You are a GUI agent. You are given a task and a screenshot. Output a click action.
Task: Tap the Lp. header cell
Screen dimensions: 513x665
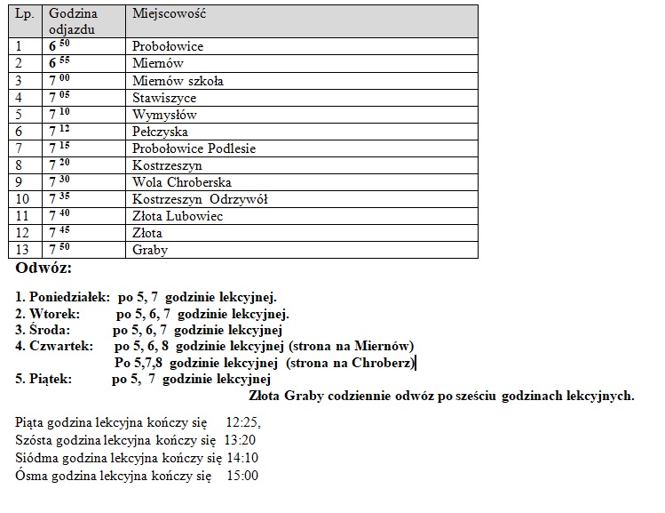[x=25, y=14]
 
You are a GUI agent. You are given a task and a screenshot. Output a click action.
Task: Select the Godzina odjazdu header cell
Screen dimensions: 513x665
[x=74, y=21]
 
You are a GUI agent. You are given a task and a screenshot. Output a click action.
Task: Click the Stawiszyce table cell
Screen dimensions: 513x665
[x=164, y=98]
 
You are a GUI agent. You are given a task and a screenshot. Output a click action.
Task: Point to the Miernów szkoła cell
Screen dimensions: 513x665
[x=178, y=81]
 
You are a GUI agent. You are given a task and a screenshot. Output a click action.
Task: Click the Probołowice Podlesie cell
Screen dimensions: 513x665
[x=194, y=148]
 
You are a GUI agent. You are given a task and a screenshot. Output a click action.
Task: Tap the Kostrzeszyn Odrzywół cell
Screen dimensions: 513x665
[x=200, y=199]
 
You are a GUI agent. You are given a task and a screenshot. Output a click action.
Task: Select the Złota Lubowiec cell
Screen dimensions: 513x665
[x=178, y=216]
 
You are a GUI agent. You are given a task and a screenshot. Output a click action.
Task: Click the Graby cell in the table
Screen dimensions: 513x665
[x=150, y=250]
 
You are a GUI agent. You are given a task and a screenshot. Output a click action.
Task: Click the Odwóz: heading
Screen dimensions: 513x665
[x=44, y=268]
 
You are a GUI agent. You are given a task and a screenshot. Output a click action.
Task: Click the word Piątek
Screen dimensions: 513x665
[x=50, y=380]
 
